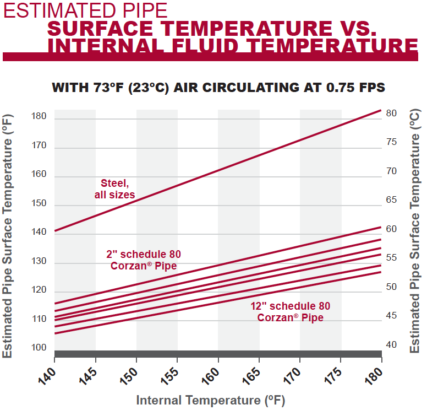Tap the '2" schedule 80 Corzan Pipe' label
click(143, 260)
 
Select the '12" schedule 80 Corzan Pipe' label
click(290, 311)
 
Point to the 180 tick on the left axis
click(39, 117)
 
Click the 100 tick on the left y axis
click(39, 347)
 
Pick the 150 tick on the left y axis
click(39, 203)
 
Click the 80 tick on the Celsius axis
click(391, 113)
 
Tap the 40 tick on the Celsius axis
click(391, 345)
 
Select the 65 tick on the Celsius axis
click(391, 200)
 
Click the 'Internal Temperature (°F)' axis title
click(211, 400)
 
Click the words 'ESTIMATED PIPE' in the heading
click(85, 10)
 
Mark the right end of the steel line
click(381, 110)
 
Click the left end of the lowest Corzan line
click(55, 333)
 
